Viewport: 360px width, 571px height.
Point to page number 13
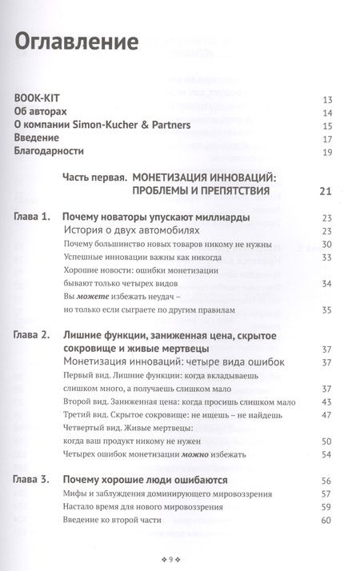[x=326, y=99]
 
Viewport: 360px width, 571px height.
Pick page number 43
[x=326, y=401]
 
